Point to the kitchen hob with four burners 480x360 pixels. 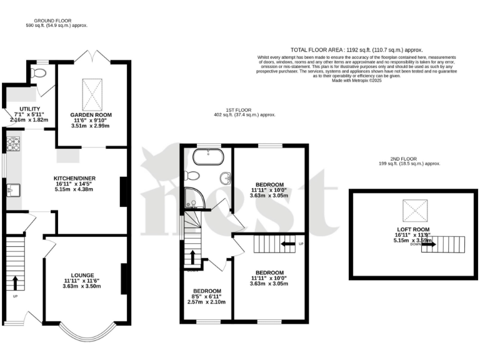click(x=12, y=144)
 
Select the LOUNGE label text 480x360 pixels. click(x=82, y=274)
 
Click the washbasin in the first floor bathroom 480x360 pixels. click(x=224, y=179)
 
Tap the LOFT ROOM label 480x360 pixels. click(x=411, y=229)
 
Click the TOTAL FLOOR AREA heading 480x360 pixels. click(x=356, y=49)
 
